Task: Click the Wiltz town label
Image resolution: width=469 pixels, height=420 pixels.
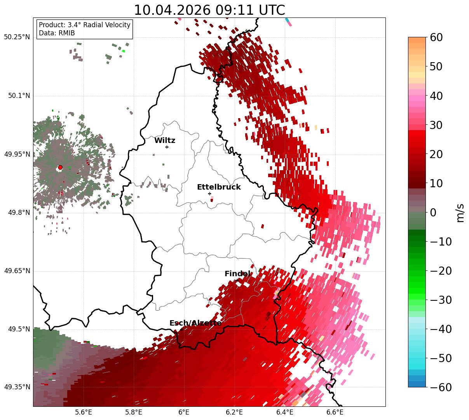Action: click(165, 140)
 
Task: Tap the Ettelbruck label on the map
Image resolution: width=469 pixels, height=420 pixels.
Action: click(219, 187)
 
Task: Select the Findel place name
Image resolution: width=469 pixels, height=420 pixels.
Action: click(237, 274)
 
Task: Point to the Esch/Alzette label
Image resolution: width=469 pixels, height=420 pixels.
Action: click(195, 323)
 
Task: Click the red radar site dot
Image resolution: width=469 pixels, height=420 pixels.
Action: click(60, 167)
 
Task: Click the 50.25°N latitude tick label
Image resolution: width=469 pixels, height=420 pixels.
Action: click(17, 37)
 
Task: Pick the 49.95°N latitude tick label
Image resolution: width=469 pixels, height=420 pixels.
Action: click(17, 154)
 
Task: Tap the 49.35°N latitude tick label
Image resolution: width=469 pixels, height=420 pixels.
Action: click(17, 387)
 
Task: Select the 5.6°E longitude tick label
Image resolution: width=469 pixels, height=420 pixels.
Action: click(83, 412)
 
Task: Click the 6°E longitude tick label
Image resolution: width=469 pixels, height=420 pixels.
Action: click(184, 412)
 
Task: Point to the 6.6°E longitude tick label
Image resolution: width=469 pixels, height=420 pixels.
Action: click(335, 412)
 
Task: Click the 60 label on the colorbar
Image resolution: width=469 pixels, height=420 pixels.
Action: click(436, 38)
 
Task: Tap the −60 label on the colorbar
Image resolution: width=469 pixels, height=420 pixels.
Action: click(441, 388)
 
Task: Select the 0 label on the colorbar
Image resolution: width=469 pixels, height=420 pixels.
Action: click(433, 213)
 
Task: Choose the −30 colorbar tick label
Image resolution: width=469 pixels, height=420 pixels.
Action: click(441, 300)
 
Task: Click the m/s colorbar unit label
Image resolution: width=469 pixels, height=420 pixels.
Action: click(460, 213)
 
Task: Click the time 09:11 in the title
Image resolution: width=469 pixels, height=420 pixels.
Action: click(234, 10)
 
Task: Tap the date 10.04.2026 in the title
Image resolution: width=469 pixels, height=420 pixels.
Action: click(172, 10)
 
